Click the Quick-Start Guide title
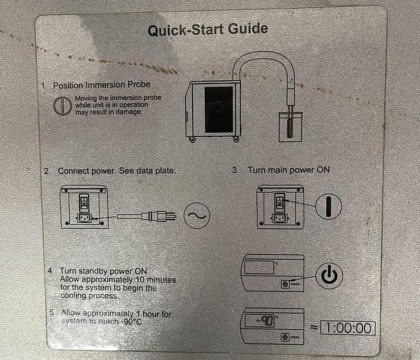[208, 29]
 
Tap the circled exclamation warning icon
[62, 106]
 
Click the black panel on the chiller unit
[219, 109]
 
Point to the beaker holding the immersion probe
[291, 127]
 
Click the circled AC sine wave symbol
[197, 215]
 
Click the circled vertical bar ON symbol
[328, 206]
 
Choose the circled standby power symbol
[329, 276]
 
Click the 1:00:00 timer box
[347, 328]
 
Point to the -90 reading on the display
[265, 320]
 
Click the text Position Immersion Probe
[101, 85]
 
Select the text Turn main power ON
[288, 170]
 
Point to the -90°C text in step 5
[132, 322]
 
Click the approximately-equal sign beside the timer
[314, 327]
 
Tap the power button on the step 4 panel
[285, 284]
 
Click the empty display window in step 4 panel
[259, 267]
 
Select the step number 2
[47, 171]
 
